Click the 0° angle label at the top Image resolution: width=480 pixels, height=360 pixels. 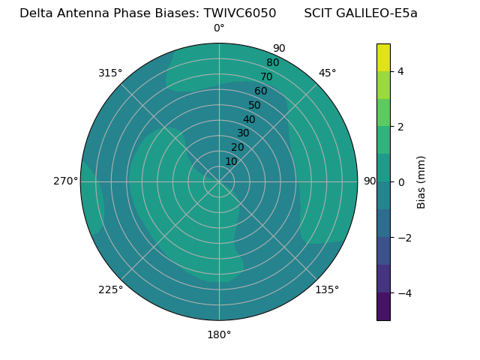point(219,28)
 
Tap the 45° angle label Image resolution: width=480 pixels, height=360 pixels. point(327,73)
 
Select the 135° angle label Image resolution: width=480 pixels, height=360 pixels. point(327,289)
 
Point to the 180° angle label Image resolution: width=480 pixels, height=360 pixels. point(219,334)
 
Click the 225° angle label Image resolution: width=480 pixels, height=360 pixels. point(110,289)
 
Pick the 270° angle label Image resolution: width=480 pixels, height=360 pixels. point(65,181)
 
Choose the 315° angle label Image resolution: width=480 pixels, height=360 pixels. point(110,73)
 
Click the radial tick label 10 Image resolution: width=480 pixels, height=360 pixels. point(231,161)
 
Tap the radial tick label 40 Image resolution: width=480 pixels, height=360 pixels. point(249,119)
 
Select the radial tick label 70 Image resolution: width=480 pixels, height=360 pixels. point(266,76)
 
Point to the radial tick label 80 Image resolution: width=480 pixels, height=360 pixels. point(272,62)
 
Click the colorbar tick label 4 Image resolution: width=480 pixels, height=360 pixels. point(400,71)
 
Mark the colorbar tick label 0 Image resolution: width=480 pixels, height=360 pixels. point(400,181)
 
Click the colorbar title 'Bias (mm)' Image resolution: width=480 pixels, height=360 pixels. point(421,181)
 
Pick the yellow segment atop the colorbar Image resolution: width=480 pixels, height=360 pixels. point(383,57)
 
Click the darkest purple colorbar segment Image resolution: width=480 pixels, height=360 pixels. point(383,306)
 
